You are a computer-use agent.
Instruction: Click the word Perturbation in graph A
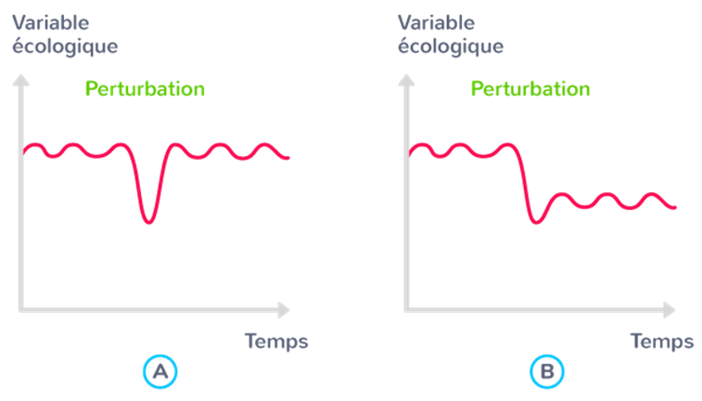(145, 89)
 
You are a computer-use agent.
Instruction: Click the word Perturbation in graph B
(530, 89)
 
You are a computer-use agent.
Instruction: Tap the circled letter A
(160, 372)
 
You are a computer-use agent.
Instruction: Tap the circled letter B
(546, 372)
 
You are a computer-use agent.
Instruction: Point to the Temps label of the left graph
(276, 341)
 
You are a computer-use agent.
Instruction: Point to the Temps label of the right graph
(662, 341)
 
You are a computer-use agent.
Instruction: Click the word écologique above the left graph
(65, 45)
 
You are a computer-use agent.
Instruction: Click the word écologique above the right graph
(451, 45)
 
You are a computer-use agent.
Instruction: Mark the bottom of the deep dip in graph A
(149, 222)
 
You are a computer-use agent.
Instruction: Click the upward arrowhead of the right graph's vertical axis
(406, 82)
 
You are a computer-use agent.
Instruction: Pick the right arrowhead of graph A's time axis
(285, 309)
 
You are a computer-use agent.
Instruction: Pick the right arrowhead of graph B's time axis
(670, 309)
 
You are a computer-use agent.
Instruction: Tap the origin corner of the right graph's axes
(406, 309)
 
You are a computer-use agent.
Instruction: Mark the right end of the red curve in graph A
(288, 158)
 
